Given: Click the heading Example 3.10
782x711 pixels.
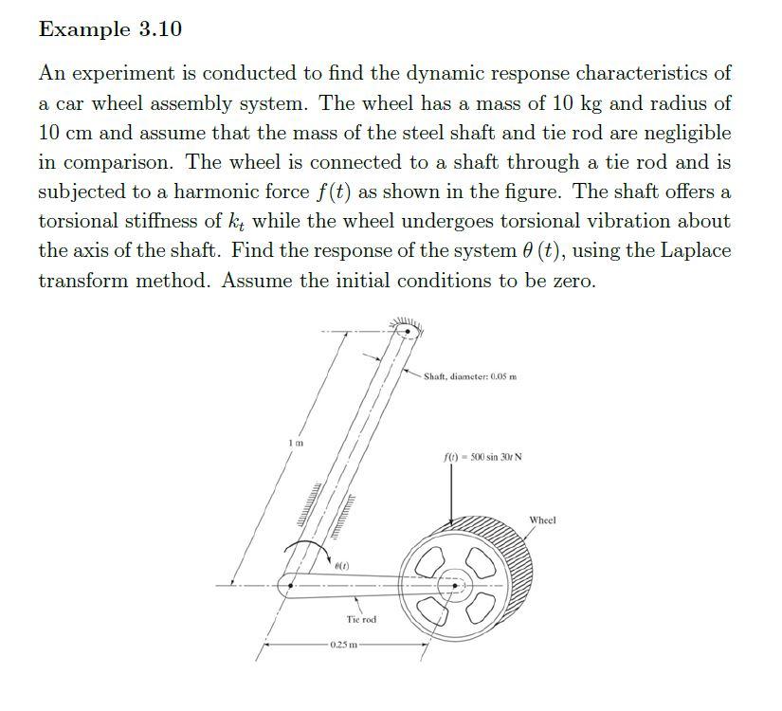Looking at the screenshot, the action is click(110, 29).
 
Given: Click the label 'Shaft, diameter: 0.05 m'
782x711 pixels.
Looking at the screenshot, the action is click(470, 376).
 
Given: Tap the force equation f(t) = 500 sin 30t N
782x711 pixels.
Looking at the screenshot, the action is click(482, 457).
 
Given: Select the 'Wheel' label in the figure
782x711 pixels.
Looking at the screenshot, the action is click(542, 520).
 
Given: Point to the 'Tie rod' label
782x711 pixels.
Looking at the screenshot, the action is click(360, 619).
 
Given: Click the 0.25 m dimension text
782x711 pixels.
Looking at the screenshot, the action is click(344, 645).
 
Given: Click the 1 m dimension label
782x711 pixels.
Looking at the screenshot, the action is click(296, 443).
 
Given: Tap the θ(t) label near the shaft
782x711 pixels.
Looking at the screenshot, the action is click(341, 566).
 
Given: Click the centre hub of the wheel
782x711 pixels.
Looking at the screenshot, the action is click(455, 586).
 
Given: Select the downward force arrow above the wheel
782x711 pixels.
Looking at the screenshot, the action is click(451, 493).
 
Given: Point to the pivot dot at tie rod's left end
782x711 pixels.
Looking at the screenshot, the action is click(290, 585).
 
